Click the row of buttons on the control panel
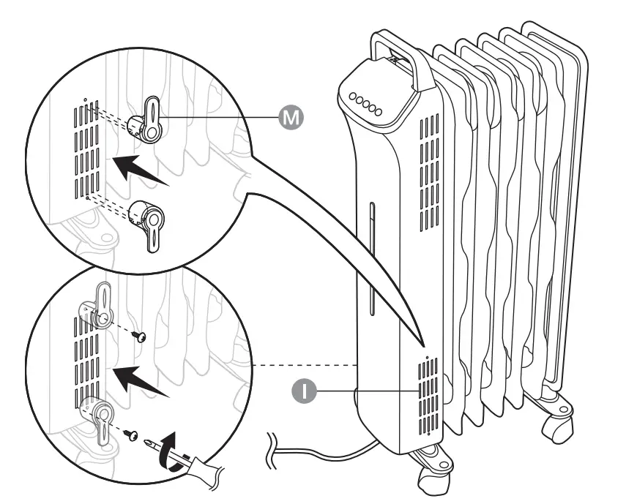[x=365, y=104]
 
